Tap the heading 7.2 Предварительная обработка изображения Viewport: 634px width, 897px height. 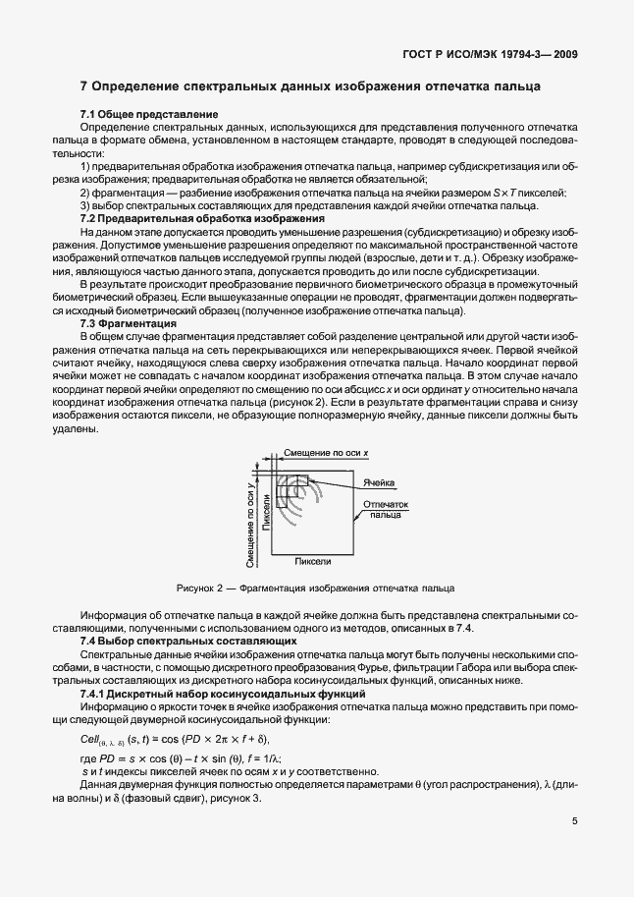tap(186, 219)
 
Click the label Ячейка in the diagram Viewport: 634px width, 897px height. tap(379, 484)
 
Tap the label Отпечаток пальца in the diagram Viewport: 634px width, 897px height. tap(385, 508)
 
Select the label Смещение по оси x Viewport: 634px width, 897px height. tap(325, 452)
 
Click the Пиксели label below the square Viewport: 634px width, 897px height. tap(313, 560)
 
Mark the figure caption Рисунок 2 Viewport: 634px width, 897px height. tap(314, 588)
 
